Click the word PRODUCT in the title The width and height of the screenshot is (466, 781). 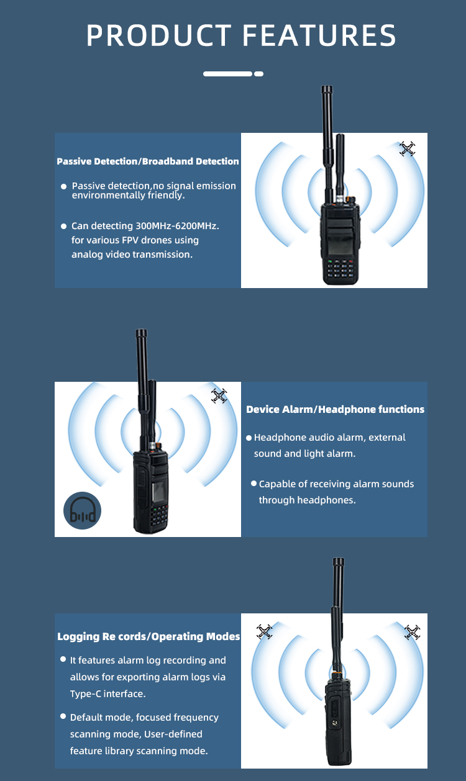click(159, 35)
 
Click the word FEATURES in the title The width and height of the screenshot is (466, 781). click(319, 35)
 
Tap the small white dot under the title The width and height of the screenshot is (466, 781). click(258, 74)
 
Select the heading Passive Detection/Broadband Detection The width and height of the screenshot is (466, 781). click(148, 161)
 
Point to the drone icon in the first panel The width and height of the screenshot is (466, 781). click(408, 149)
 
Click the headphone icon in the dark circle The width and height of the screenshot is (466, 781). click(83, 510)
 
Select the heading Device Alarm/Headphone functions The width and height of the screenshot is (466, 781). click(335, 409)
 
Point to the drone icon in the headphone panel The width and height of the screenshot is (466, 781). click(219, 396)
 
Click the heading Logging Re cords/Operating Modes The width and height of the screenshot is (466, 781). click(148, 636)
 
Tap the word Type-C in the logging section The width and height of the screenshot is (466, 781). click(86, 694)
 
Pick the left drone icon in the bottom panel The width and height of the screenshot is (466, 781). click(264, 631)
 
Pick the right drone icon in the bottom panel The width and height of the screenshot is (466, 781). click(412, 632)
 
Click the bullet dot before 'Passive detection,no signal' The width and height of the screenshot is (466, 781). click(63, 186)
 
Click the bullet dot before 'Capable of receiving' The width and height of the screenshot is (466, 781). click(254, 483)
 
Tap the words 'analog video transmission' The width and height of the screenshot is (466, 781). click(132, 255)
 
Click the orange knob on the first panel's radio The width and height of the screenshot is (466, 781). click(350, 200)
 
